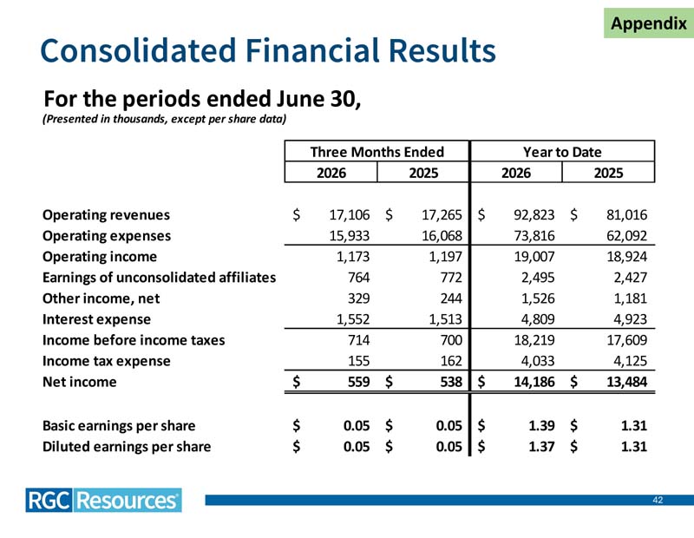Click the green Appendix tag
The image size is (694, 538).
[649, 23]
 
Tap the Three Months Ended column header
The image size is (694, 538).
[376, 152]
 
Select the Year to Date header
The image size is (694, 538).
[562, 152]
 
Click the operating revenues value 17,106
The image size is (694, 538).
[350, 214]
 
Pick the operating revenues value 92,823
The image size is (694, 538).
[534, 214]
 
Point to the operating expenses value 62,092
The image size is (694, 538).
[626, 235]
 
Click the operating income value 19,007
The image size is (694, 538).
[534, 256]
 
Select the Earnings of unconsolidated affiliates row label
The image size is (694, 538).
[159, 278]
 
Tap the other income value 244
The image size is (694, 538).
[451, 299]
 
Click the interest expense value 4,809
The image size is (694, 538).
[538, 319]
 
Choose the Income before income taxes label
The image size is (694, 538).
[134, 340]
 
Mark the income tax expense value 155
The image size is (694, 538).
[358, 361]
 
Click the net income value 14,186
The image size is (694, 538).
[534, 382]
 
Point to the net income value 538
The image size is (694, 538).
[451, 382]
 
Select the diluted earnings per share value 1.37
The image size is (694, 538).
[541, 446]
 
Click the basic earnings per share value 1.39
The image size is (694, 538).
[541, 425]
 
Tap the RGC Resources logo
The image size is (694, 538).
[103, 501]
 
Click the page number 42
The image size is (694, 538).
[658, 500]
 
